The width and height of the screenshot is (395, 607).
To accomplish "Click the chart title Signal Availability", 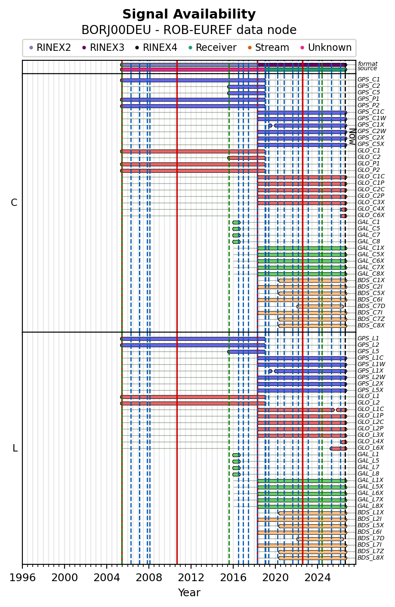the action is pos(189,14).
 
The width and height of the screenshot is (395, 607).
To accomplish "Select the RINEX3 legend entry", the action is pos(103,48).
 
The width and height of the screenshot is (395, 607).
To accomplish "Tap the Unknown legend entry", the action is pos(326,48).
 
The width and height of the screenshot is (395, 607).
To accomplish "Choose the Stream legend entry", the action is pos(268,48).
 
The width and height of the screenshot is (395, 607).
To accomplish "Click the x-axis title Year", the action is pos(189,593).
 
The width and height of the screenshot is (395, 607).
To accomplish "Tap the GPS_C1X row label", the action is pos(370,125).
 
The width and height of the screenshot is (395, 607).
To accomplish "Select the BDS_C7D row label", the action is pos(371,306).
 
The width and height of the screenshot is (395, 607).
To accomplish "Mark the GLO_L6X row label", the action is pos(370,448).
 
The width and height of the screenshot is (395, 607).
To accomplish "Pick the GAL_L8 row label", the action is pos(368,474).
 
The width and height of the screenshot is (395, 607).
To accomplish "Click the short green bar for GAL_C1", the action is pos(236,222).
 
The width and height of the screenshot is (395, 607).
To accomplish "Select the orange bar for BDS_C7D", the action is pos(320,306).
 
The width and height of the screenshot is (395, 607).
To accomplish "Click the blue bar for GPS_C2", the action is pos(247,87).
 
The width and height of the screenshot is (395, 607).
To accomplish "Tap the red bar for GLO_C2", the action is pos(247,158).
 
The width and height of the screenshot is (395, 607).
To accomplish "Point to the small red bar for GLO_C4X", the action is pos(344,209).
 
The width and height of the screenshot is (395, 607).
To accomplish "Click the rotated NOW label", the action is pos(352,137).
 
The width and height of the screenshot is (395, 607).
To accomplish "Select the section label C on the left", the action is pos(14,203).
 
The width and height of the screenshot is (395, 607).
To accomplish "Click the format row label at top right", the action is pos(367,64).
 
